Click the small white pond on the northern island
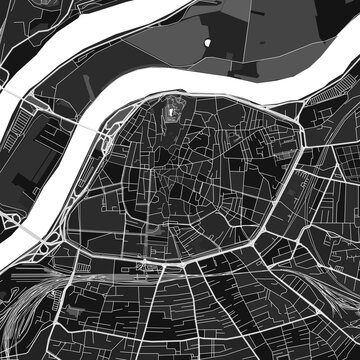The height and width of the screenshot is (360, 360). [207, 43]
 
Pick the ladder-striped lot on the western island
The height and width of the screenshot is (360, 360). [40, 150]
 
